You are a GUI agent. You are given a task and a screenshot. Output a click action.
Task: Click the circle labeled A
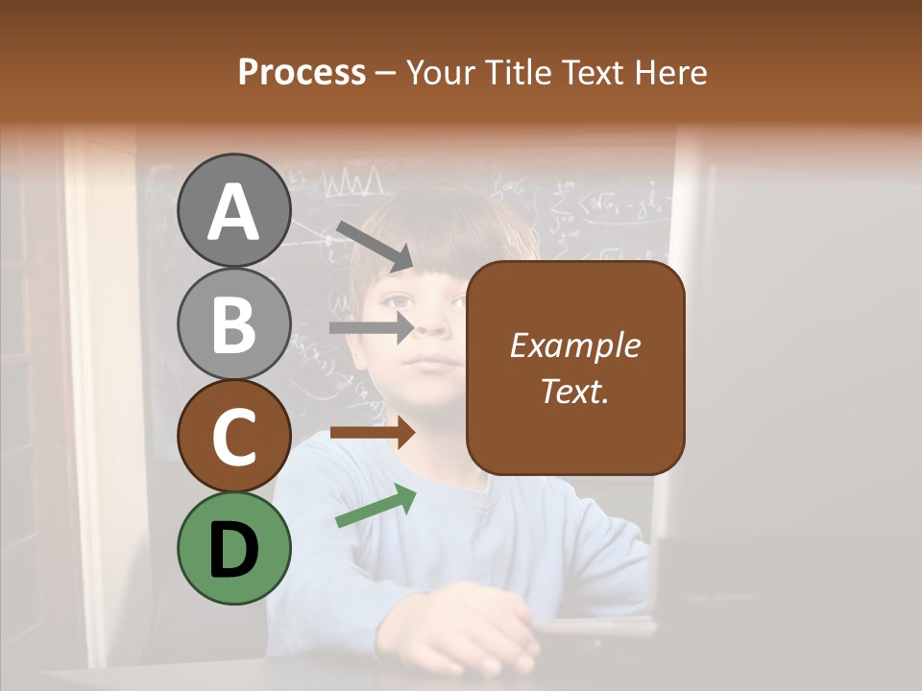click(x=234, y=210)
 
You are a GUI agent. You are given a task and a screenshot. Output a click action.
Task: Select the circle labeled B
click(x=234, y=323)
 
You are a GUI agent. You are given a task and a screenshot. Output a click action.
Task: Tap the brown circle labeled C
click(x=234, y=436)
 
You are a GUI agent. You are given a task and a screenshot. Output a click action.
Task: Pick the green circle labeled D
click(x=234, y=548)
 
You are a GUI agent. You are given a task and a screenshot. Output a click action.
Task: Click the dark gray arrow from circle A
click(x=374, y=246)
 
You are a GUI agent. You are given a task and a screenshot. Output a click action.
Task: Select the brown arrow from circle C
click(x=372, y=432)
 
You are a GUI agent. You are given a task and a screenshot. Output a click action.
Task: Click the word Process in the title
click(x=302, y=72)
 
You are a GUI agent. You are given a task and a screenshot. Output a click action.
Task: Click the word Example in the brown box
click(x=574, y=345)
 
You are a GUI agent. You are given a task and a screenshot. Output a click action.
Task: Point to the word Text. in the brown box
click(x=574, y=391)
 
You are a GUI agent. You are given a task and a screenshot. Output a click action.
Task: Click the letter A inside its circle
click(x=234, y=212)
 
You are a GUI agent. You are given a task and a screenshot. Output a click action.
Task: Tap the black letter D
click(x=234, y=550)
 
